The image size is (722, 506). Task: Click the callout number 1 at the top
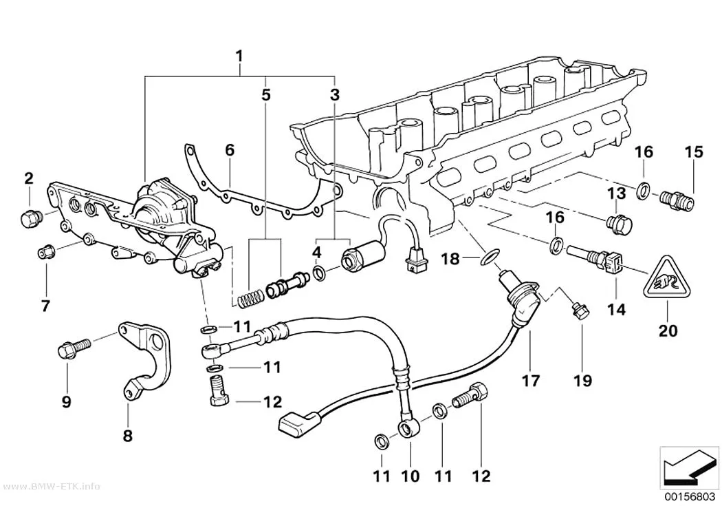[239, 56]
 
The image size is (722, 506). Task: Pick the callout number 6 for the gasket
[229, 150]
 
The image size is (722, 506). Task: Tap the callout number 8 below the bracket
[127, 435]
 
